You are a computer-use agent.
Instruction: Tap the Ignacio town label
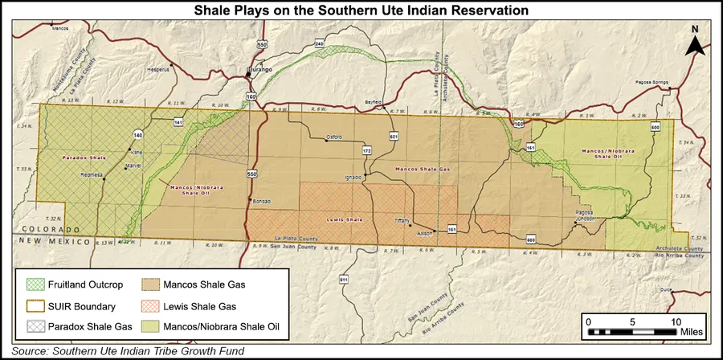coord(353,176)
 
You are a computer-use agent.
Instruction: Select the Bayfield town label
coord(374,104)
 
